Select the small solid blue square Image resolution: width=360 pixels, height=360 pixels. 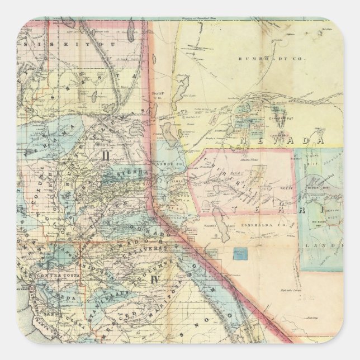(x=240, y=253)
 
